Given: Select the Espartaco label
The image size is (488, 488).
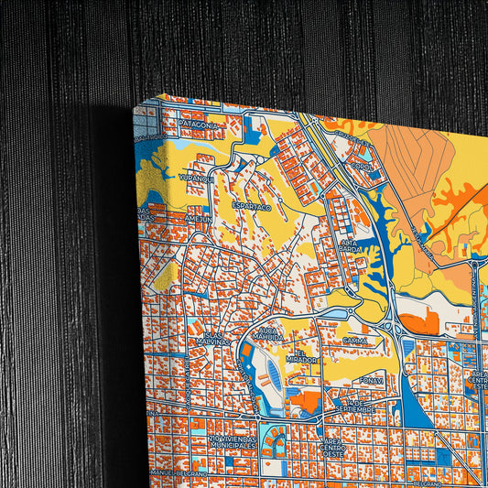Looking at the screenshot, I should [252, 208].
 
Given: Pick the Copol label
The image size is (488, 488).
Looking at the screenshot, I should [363, 168].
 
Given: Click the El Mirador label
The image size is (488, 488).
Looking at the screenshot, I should [306, 356].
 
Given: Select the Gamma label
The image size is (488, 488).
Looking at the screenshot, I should [354, 341].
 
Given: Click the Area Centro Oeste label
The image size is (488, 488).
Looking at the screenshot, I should [331, 446].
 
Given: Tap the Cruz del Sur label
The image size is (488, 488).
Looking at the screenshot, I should [344, 137].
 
